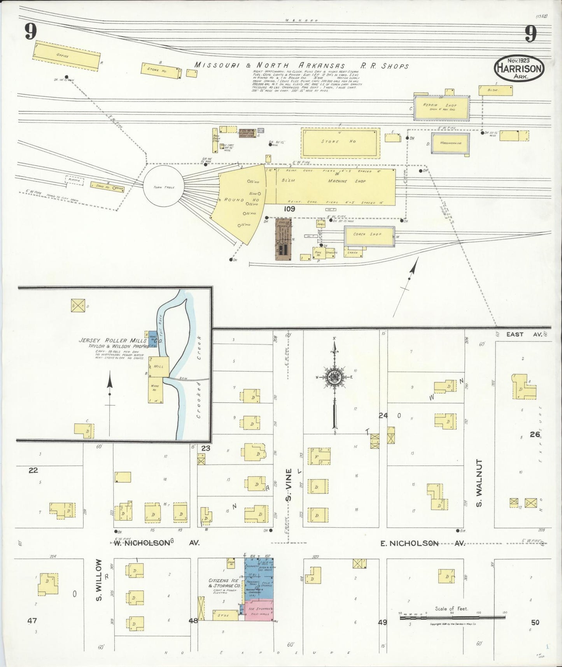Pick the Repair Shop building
click(441, 107)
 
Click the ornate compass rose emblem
click(334, 378)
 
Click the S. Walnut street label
click(479, 483)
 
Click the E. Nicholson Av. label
click(423, 544)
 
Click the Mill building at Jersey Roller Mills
click(159, 367)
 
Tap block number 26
click(535, 434)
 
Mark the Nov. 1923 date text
click(519, 61)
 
